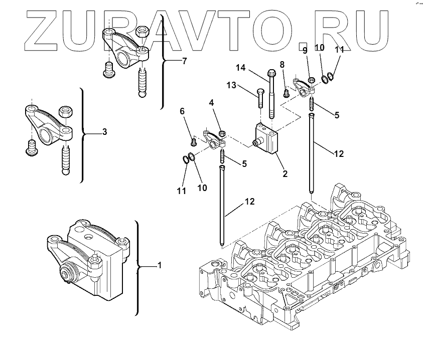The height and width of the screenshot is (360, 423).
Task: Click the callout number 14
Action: pyautogui.click(x=241, y=67)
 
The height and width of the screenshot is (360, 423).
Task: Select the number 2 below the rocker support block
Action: pyautogui.click(x=285, y=174)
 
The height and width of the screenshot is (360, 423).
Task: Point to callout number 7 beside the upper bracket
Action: pyautogui.click(x=184, y=61)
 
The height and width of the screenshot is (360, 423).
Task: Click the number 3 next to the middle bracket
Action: pyautogui.click(x=104, y=132)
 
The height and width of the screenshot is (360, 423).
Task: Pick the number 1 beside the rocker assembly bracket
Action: pyautogui.click(x=160, y=265)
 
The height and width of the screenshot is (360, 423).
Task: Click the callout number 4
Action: pyautogui.click(x=212, y=103)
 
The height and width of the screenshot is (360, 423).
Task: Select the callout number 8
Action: pyautogui.click(x=282, y=64)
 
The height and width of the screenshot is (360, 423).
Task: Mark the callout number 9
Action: pyautogui.click(x=304, y=51)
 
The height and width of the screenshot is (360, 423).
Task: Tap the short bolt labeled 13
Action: pyautogui.click(x=259, y=98)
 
